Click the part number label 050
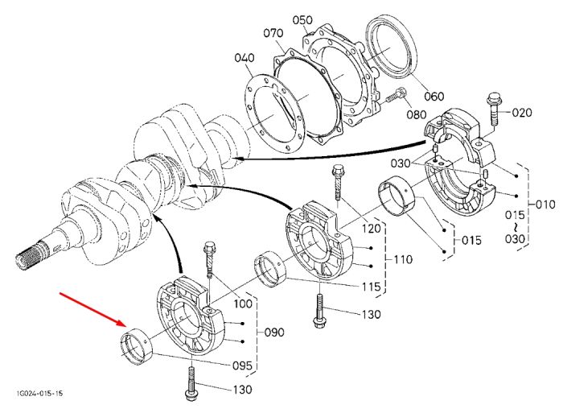point(302,20)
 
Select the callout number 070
point(273,34)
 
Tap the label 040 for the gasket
point(245,58)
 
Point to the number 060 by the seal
point(434,97)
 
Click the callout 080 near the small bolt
point(417,114)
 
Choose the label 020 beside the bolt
point(522,113)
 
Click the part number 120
point(371,228)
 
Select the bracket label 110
point(403,258)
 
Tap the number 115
point(371,287)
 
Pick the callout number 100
point(243,304)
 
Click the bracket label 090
point(274,332)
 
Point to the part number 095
point(242,366)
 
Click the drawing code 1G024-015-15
point(39,393)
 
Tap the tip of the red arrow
point(126,325)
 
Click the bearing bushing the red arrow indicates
point(136,346)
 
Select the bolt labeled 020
point(493,109)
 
